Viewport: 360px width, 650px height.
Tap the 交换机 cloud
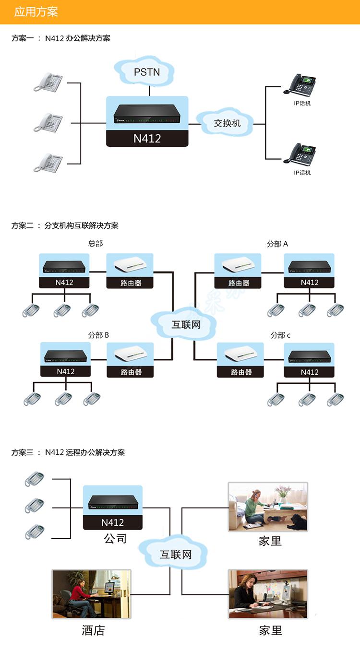click(226, 122)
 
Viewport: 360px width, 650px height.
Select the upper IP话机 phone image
click(300, 84)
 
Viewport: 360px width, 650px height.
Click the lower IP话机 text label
click(302, 173)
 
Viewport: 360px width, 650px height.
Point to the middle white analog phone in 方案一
click(48, 122)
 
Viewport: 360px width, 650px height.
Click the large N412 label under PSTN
click(147, 139)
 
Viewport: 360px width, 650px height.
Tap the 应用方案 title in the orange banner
click(36, 12)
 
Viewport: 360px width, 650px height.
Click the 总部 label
click(96, 243)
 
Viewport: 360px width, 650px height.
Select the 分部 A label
click(277, 244)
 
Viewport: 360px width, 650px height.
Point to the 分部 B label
click(98, 335)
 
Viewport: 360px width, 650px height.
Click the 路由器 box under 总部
click(130, 271)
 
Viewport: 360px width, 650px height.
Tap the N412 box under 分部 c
click(309, 360)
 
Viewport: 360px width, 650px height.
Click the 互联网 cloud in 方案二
click(184, 324)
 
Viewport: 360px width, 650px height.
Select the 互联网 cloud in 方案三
click(173, 554)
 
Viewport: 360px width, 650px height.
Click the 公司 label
click(115, 538)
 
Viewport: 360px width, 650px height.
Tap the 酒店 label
click(93, 630)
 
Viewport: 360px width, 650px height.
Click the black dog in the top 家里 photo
click(297, 521)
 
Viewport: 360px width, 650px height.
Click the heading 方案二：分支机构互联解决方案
click(65, 225)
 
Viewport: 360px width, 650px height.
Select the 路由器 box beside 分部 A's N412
click(238, 271)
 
